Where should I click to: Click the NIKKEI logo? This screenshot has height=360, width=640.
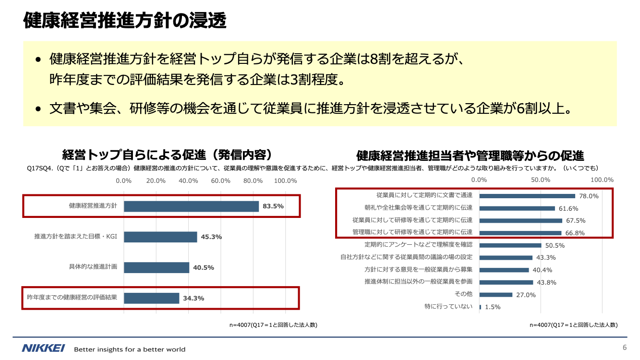coord(43,348)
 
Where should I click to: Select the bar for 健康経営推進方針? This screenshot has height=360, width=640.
coord(192,206)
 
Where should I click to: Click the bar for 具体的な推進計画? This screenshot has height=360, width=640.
coord(157,267)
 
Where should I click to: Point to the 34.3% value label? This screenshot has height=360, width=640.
coord(193,298)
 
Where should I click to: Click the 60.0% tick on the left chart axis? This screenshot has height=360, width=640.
coord(221,181)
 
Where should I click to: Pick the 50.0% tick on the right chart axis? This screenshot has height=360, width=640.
coord(541,180)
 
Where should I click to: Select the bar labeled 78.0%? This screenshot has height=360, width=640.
coord(527,196)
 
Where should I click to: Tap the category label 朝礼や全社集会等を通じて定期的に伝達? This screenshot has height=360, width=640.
coord(418,208)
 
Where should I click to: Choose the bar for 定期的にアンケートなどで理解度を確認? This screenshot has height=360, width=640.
coord(510,245)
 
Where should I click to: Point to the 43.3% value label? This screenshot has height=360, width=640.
coord(546,258)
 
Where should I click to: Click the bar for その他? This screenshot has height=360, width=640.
coord(496,295)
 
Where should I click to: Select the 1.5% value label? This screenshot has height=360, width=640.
coord(493,307)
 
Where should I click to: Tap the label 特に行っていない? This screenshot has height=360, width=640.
coord(448,306)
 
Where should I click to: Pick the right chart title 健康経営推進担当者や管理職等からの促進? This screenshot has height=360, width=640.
coord(470,156)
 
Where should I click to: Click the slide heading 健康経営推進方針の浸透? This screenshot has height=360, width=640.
coord(124,21)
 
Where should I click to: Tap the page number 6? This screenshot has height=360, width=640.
coord(625,348)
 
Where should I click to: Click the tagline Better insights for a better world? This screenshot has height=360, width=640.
coord(130,349)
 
